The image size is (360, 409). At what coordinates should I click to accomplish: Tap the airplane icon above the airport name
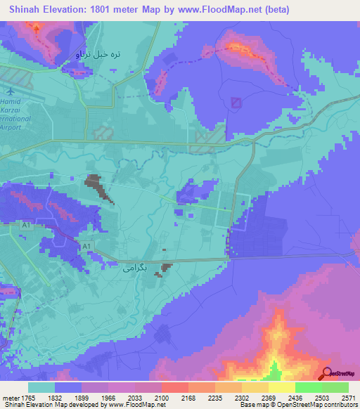(10, 91)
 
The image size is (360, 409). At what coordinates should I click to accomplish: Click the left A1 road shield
(27, 226)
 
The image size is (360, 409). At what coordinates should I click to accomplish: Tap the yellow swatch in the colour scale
(281, 387)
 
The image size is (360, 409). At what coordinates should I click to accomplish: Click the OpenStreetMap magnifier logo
(327, 374)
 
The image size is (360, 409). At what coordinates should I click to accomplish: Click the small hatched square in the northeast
(236, 103)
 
